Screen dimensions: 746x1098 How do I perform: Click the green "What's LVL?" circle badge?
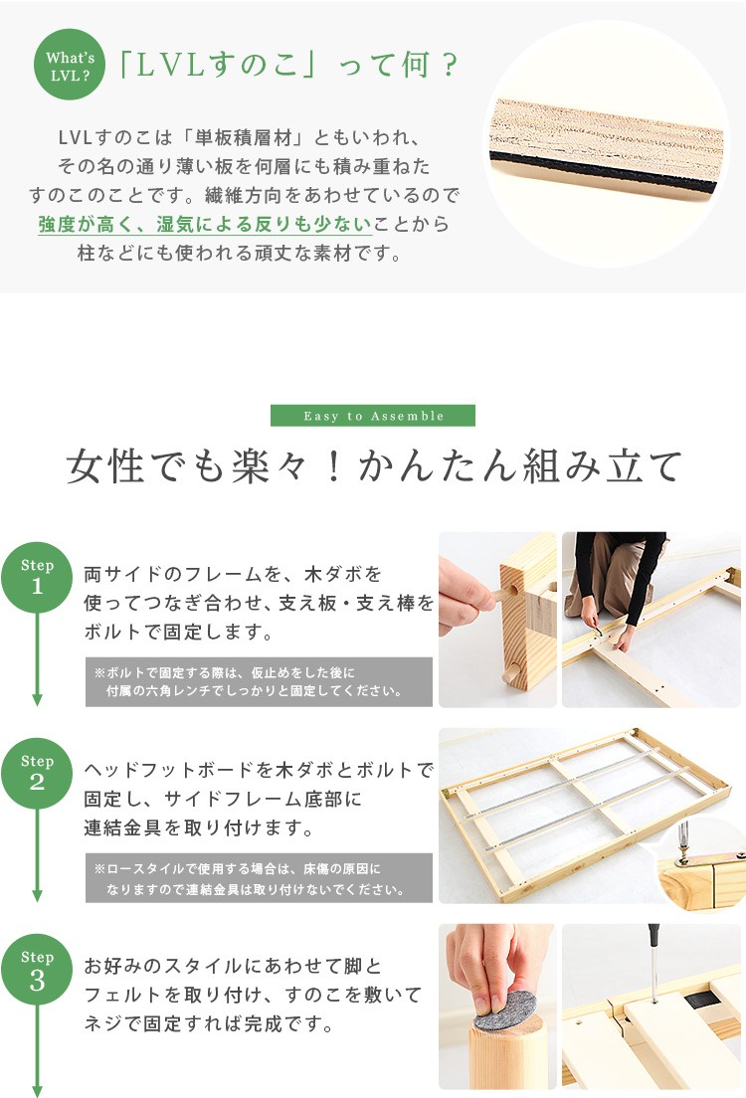[x=70, y=65]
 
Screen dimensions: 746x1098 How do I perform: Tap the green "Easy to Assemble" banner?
[x=373, y=416]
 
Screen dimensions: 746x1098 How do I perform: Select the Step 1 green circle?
[x=37, y=577]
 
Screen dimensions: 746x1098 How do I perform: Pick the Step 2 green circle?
[x=37, y=773]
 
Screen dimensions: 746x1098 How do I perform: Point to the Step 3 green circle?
[x=37, y=969]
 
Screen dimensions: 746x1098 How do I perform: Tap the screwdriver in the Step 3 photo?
[x=654, y=961]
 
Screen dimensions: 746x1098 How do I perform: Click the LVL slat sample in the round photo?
[x=606, y=148]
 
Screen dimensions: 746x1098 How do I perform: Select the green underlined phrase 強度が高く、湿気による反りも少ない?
[x=205, y=224]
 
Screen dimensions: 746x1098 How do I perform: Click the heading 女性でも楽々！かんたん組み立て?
[x=374, y=466]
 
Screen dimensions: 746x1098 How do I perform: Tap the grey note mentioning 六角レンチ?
[x=259, y=681]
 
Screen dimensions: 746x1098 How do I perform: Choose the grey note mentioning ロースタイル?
[x=259, y=878]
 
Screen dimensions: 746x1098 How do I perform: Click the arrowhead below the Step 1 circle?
[x=37, y=699]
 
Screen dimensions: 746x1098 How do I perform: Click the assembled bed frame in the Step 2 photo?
[x=585, y=806]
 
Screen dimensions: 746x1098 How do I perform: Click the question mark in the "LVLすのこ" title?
[x=450, y=66]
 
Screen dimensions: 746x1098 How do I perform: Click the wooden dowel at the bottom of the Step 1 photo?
[x=511, y=675]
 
